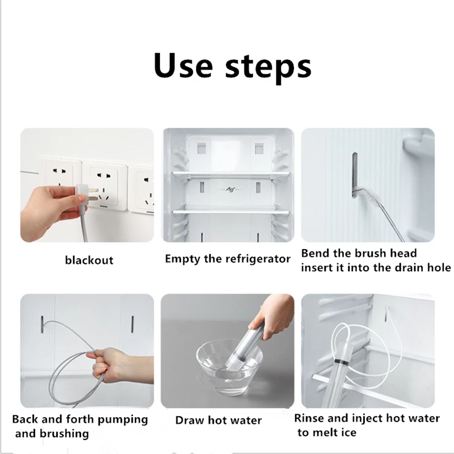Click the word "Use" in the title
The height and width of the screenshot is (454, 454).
click(183, 65)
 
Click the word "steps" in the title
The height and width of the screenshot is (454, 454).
click(268, 68)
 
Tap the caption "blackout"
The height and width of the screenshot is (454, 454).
click(89, 260)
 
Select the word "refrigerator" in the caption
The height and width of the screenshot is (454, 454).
click(258, 259)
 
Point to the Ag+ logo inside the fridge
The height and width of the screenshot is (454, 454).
click(230, 190)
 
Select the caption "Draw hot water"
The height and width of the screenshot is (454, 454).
click(218, 421)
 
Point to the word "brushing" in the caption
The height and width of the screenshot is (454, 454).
click(64, 434)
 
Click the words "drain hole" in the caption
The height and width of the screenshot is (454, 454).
click(423, 267)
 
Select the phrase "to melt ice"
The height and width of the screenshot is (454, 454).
click(327, 432)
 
